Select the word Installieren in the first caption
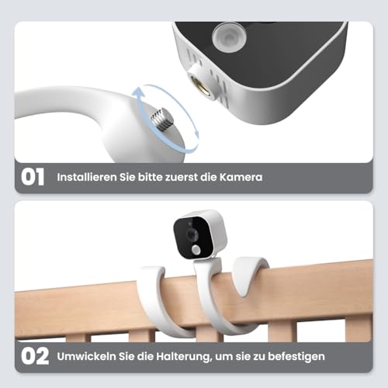coord(87,177)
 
